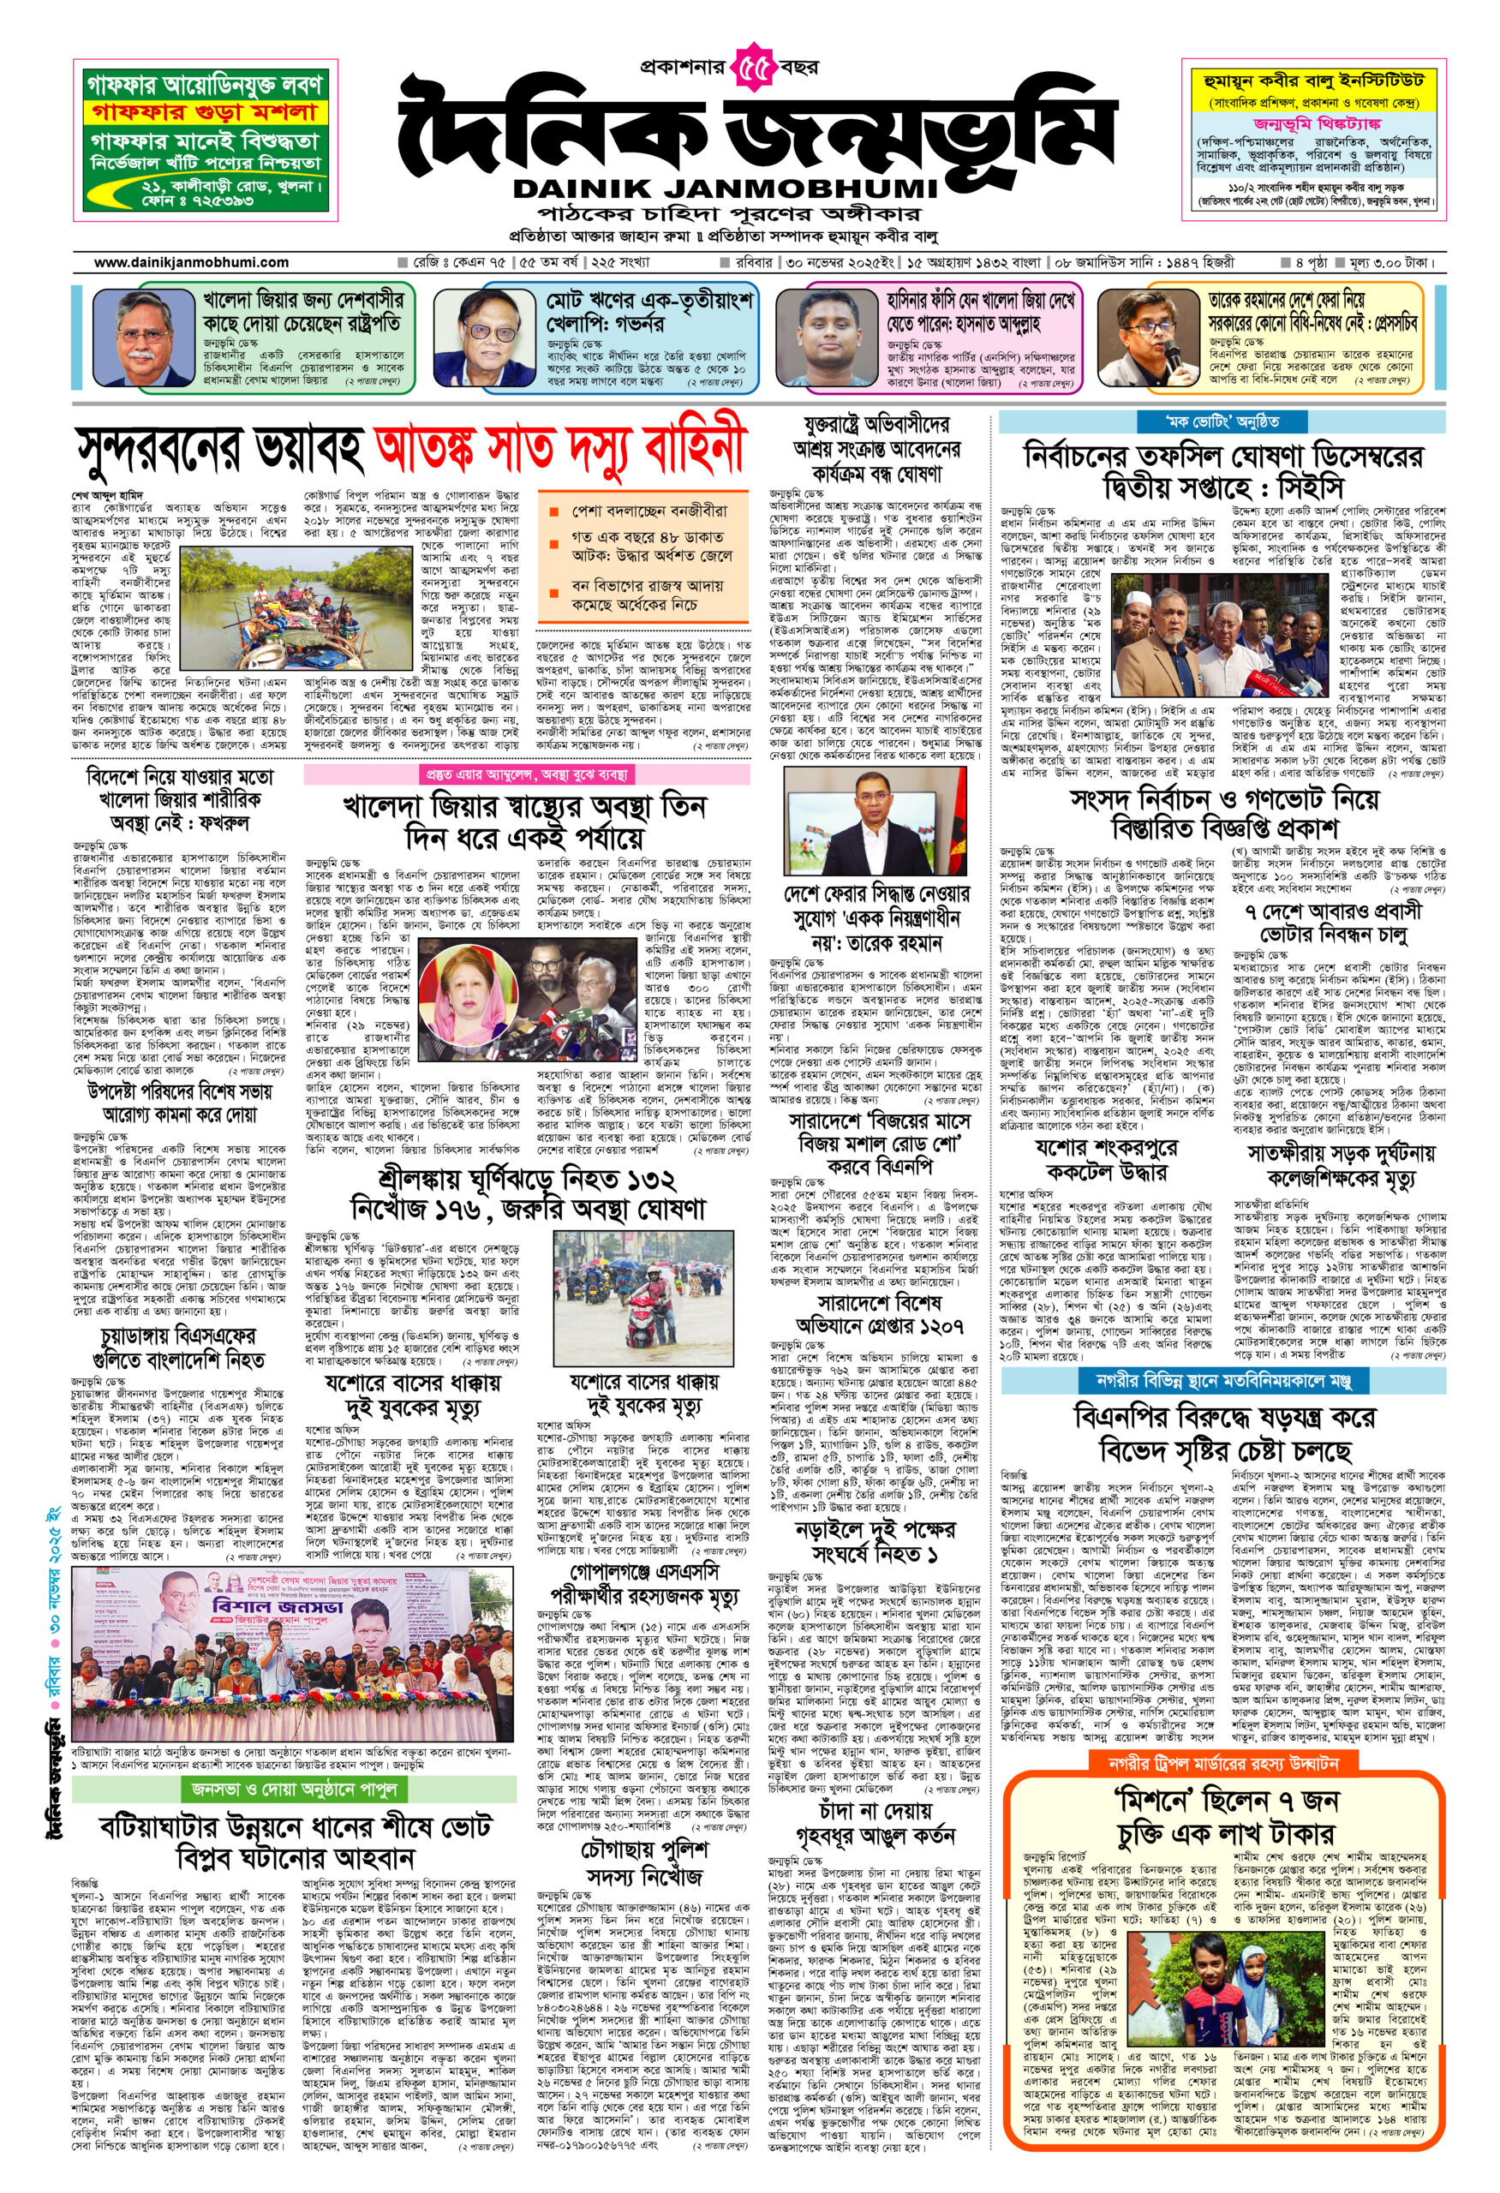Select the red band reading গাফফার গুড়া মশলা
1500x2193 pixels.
pos(206,112)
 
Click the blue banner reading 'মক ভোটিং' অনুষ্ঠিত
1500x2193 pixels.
pos(1222,421)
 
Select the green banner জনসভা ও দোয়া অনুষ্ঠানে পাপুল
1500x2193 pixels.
pos(296,1790)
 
